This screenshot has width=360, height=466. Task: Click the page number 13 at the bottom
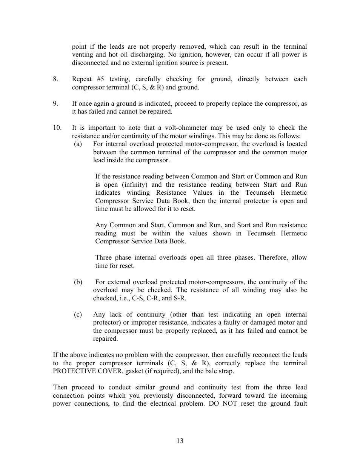(180, 441)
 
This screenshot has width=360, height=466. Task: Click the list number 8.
(55, 79)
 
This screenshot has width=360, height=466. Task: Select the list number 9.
(55, 103)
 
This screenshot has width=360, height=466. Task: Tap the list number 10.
(57, 128)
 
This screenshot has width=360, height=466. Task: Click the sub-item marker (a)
(78, 144)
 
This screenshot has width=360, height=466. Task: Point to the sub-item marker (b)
(78, 282)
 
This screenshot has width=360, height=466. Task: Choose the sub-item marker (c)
(78, 315)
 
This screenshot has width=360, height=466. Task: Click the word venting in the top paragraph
(82, 55)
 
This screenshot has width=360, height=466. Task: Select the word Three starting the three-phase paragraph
(103, 258)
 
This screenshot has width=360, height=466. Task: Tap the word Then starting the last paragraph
(60, 388)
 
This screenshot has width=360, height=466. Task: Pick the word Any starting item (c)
(99, 315)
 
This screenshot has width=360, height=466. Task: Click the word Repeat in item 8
(82, 79)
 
